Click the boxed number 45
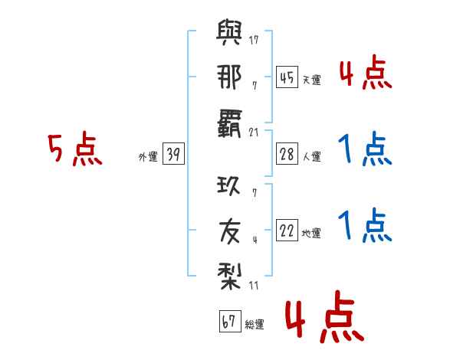(287, 77)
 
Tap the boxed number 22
(287, 231)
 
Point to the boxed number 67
(229, 322)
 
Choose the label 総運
(255, 325)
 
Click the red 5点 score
(74, 149)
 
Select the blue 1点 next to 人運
(365, 149)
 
